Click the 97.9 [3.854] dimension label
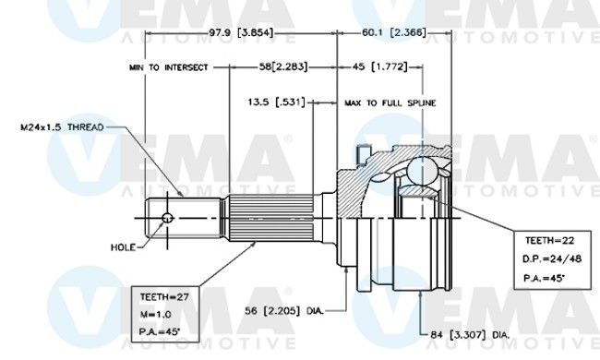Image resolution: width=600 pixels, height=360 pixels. pyautogui.click(x=241, y=33)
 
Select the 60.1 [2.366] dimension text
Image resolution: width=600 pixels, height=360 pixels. pyautogui.click(x=394, y=33)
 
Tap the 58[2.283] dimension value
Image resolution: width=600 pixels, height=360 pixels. pyautogui.click(x=283, y=67)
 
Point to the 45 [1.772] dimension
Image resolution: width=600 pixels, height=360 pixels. pyautogui.click(x=380, y=67)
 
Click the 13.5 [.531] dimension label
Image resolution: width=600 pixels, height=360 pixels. pyautogui.click(x=277, y=102)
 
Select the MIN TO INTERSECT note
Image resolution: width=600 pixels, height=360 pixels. pyautogui.click(x=169, y=67)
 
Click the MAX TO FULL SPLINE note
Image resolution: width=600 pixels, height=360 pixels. pyautogui.click(x=390, y=102)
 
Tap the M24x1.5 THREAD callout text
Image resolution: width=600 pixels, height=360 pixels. pyautogui.click(x=62, y=127)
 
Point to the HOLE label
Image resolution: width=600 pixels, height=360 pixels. pyautogui.click(x=123, y=247)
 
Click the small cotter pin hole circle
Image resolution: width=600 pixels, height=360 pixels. pyautogui.click(x=167, y=218)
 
